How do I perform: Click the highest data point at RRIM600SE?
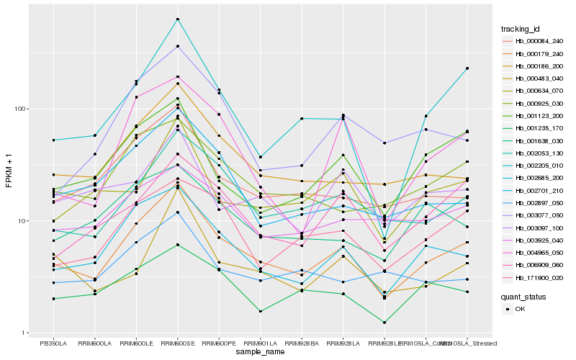pos(177,19)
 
